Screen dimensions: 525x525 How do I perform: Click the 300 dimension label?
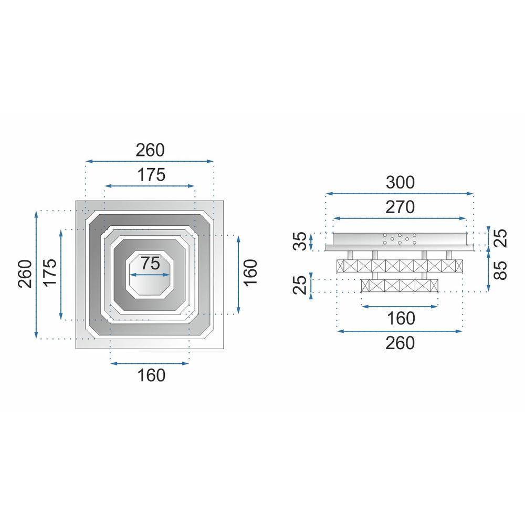[400, 183]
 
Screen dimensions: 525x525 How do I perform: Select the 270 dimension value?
[400, 207]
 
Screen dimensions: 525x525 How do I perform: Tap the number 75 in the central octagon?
[150, 263]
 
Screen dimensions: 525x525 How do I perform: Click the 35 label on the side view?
[300, 242]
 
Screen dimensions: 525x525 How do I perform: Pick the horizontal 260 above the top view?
[150, 150]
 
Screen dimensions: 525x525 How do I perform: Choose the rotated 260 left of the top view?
[25, 274]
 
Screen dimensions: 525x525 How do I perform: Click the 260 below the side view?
[400, 343]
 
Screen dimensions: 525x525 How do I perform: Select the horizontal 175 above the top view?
[150, 174]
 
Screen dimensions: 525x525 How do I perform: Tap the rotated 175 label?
[50, 274]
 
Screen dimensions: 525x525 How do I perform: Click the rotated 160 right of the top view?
[251, 273]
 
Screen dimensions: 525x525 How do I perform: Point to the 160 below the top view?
[150, 375]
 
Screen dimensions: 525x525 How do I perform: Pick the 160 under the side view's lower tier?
[400, 318]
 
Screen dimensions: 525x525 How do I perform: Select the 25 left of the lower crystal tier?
[300, 285]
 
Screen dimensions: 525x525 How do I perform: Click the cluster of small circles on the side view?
[400, 239]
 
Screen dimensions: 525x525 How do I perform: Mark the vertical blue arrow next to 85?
[488, 270]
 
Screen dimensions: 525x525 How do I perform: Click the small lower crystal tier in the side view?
[400, 286]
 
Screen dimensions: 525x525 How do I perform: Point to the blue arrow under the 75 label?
[150, 274]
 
